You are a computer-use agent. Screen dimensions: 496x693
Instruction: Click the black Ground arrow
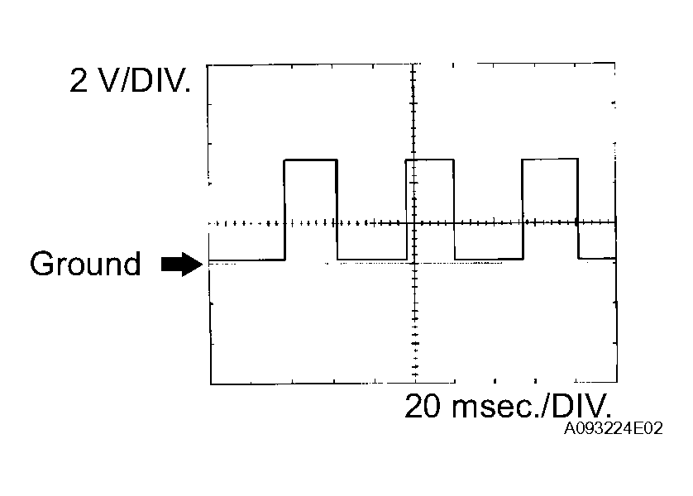click(180, 265)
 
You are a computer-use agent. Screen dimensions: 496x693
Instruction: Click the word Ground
click(85, 265)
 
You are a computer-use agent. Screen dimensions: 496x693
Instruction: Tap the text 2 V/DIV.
click(130, 81)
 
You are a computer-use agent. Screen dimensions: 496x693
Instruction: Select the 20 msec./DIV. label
click(508, 407)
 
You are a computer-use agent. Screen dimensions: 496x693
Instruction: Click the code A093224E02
click(614, 430)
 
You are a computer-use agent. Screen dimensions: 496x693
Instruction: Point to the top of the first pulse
click(311, 160)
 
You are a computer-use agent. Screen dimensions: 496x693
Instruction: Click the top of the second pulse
click(430, 160)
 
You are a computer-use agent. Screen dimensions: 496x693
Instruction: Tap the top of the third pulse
click(550, 160)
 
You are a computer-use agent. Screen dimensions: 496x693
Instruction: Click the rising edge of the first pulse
click(284, 210)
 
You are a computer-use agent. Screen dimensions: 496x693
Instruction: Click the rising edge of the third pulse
click(523, 210)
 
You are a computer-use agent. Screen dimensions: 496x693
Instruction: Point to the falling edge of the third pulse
click(578, 210)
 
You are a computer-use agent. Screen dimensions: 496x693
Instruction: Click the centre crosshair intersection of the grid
click(413, 223)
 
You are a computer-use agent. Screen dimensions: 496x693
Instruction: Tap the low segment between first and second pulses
click(372, 260)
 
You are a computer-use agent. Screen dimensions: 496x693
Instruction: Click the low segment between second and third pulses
click(488, 260)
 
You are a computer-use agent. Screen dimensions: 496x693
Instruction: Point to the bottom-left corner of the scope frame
click(211, 384)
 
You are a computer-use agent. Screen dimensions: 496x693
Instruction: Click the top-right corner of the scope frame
click(615, 64)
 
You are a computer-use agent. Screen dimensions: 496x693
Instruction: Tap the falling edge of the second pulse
click(454, 210)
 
